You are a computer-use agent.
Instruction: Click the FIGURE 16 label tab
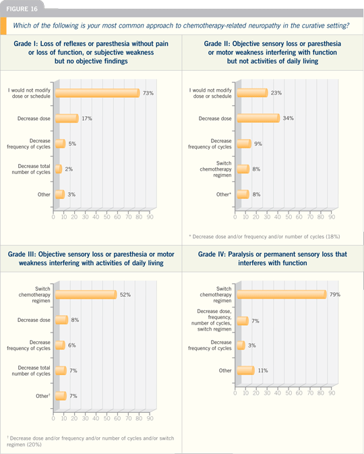pos(22,9)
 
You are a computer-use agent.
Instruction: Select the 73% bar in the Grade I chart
pos(98,93)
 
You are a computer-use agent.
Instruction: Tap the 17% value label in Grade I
pos(87,119)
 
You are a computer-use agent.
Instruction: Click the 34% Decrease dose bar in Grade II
pos(258,118)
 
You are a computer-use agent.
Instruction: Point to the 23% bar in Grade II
pos(252,93)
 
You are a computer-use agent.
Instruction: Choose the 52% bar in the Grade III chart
pos(86,295)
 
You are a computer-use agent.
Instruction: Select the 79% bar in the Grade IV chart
pos(282,294)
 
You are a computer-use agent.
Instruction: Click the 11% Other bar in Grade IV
pos(245,370)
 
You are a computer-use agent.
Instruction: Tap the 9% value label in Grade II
pos(258,144)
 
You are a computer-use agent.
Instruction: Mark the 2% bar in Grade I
pos(59,169)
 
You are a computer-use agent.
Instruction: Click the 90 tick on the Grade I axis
pos(150,217)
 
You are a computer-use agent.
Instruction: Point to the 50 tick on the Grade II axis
pos(289,217)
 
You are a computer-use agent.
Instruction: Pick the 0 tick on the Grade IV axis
pos(235,393)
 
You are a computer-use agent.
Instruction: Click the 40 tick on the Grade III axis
pos(96,418)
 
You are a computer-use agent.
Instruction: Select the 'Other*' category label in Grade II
pos(224,194)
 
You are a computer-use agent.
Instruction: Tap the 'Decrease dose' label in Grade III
pos(34,320)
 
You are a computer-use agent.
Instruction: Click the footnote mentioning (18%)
pos(264,237)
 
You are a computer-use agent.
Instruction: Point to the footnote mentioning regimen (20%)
pos(90,441)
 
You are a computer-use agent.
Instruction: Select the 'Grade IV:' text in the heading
pos(212,254)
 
